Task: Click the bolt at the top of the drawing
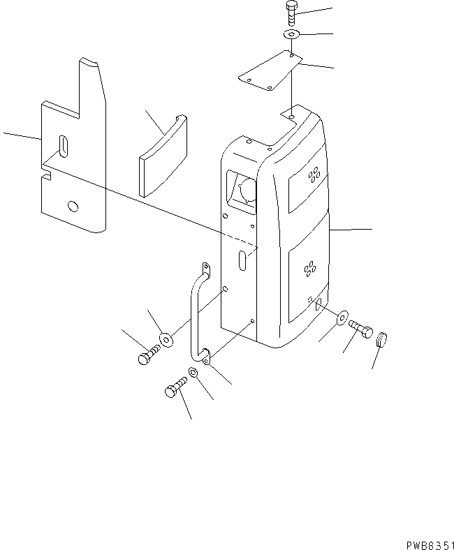[x=291, y=13]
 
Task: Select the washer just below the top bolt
[x=291, y=34]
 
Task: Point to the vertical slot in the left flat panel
[x=64, y=147]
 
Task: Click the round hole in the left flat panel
[x=72, y=207]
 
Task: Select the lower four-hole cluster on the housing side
[x=309, y=268]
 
